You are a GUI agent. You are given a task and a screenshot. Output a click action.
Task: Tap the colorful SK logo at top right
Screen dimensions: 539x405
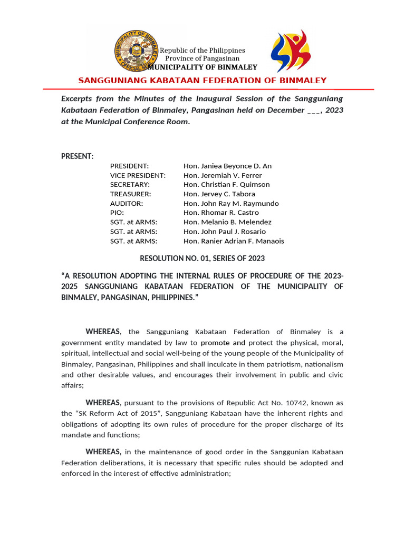tap(291, 51)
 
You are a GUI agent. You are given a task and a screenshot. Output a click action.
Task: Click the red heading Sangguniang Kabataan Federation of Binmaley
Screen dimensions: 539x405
tap(202, 81)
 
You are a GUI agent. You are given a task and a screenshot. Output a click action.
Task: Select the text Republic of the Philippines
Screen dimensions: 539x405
tap(202, 50)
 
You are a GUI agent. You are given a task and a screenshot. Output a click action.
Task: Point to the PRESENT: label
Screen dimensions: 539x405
tap(78, 156)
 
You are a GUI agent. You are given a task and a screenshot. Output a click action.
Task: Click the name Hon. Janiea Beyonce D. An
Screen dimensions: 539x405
tap(227, 166)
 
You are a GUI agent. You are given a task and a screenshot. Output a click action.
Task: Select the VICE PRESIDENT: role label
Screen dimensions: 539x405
tap(138, 175)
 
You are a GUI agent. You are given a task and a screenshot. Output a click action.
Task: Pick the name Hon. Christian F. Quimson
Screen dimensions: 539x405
tap(226, 185)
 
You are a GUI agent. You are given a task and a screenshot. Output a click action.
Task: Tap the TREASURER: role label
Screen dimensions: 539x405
tap(130, 194)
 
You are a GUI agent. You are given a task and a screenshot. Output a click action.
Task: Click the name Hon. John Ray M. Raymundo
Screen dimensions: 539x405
tap(231, 204)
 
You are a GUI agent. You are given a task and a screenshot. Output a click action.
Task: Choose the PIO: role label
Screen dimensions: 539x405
tap(117, 213)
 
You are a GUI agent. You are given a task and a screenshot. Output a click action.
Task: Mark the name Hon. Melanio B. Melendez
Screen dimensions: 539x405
tap(227, 222)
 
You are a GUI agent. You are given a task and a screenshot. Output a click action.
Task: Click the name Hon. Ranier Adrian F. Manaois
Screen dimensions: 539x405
tap(234, 241)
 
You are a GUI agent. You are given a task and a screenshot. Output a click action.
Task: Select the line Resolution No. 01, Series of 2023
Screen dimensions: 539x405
tap(202, 258)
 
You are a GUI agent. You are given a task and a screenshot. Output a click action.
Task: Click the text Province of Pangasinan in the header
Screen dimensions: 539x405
tap(202, 58)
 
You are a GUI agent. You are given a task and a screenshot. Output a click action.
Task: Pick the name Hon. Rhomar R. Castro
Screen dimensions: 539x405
tap(221, 213)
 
